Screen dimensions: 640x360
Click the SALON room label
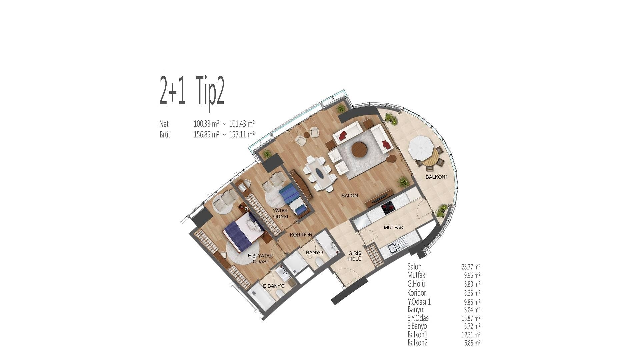350,196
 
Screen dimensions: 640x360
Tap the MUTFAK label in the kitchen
394,228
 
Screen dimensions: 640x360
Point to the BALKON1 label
436,177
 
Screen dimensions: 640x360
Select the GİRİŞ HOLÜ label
355,256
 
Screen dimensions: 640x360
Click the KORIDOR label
301,235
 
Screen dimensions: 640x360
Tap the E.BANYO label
274,286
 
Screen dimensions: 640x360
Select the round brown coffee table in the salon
359,150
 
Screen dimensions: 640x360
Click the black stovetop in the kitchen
388,208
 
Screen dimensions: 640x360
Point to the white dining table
320,174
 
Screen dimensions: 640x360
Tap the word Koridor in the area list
417,293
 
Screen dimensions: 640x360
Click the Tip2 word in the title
210,92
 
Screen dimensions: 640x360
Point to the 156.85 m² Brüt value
206,134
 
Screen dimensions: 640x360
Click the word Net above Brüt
164,124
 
